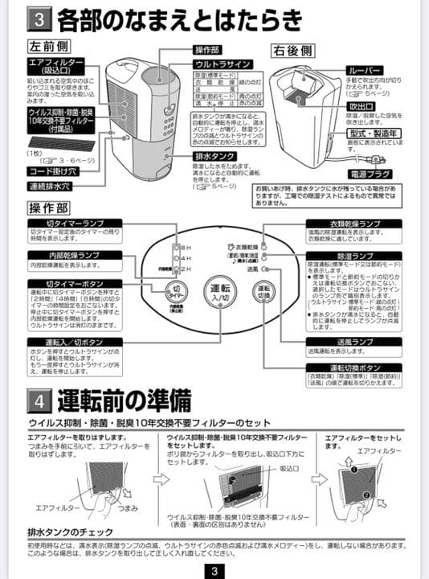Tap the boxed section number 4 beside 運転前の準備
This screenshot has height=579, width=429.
[40, 400]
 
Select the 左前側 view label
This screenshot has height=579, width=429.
[47, 48]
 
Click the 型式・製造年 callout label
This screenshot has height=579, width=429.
[372, 133]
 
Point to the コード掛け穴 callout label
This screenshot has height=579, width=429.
[52, 170]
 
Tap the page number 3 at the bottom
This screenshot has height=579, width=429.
[214, 569]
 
